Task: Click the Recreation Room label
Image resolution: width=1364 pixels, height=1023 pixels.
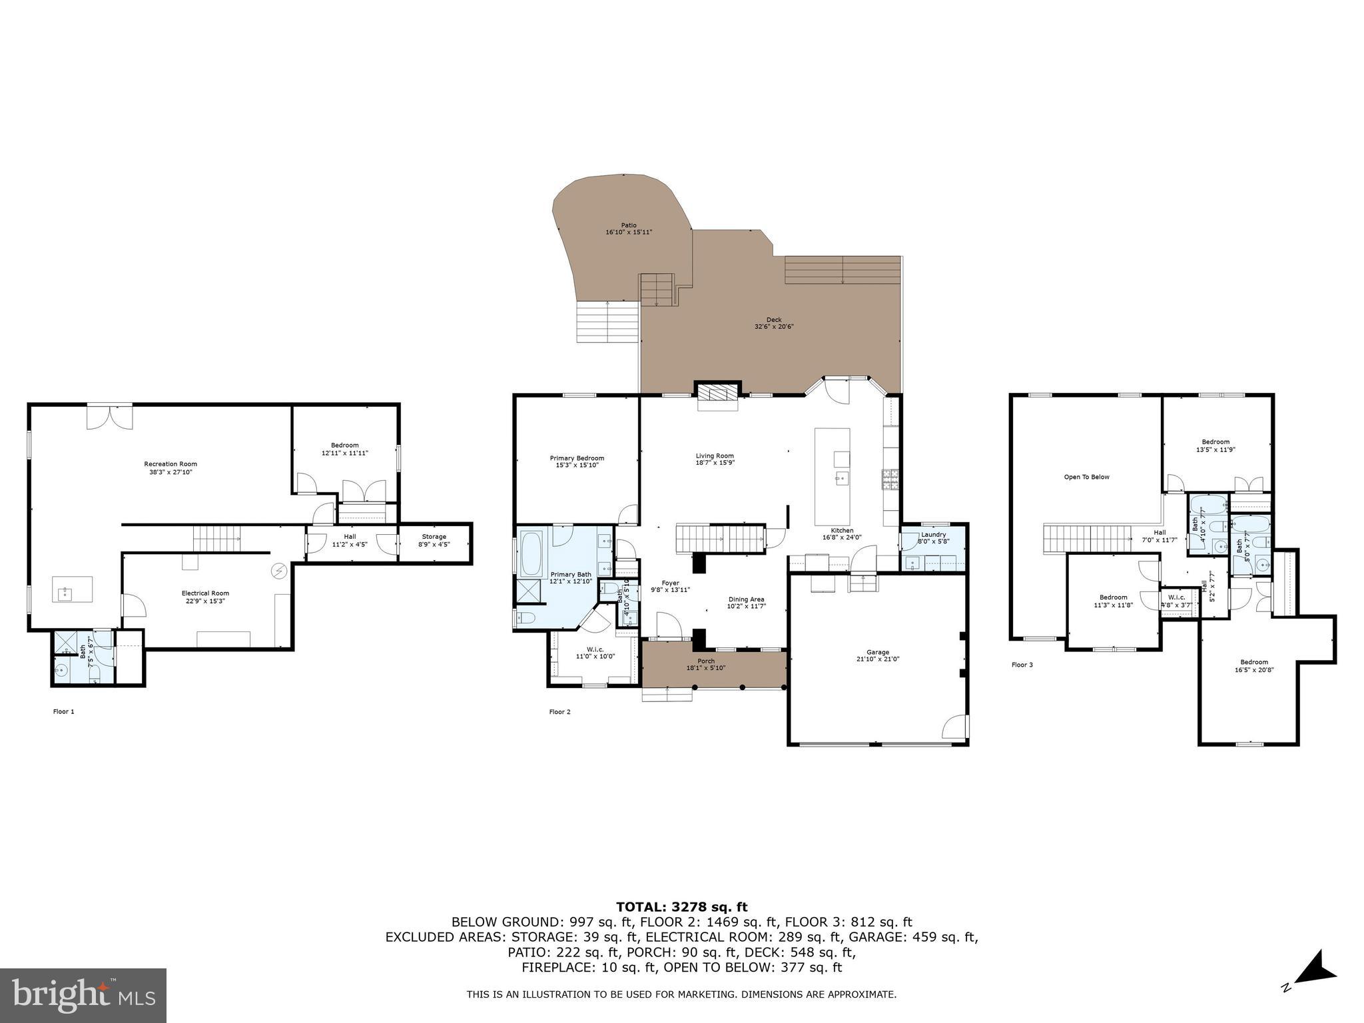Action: [170, 464]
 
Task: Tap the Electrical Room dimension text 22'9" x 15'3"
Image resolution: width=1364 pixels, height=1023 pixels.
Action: [205, 601]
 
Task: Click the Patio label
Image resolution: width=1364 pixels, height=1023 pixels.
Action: [629, 225]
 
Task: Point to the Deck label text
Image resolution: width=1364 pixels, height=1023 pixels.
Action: [773, 320]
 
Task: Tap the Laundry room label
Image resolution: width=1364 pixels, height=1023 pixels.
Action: [933, 535]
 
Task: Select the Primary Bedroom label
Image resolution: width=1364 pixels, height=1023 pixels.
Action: [577, 458]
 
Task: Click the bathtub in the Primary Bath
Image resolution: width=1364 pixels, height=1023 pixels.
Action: [531, 554]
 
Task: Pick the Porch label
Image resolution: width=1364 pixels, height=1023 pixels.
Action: [706, 661]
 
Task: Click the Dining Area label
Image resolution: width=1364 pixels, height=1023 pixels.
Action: [746, 599]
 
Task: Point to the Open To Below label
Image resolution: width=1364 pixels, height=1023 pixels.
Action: [1086, 477]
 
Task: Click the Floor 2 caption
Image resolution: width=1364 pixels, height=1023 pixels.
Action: [559, 712]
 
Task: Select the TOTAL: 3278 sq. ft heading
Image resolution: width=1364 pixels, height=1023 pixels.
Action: [681, 907]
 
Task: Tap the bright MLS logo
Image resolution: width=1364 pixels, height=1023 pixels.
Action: [83, 995]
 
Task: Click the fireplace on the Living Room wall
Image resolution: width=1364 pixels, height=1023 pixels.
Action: [718, 392]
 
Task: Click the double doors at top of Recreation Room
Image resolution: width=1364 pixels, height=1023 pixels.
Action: [110, 416]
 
